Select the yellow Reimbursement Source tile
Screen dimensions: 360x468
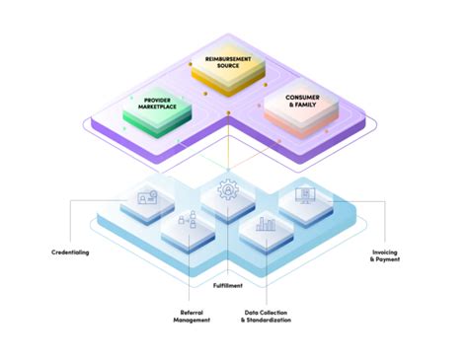click(x=229, y=64)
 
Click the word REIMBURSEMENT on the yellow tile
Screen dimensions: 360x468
click(x=229, y=59)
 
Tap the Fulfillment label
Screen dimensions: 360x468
click(x=233, y=285)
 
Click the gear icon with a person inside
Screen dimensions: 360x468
click(x=229, y=188)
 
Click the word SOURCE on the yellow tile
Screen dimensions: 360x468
click(x=229, y=66)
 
